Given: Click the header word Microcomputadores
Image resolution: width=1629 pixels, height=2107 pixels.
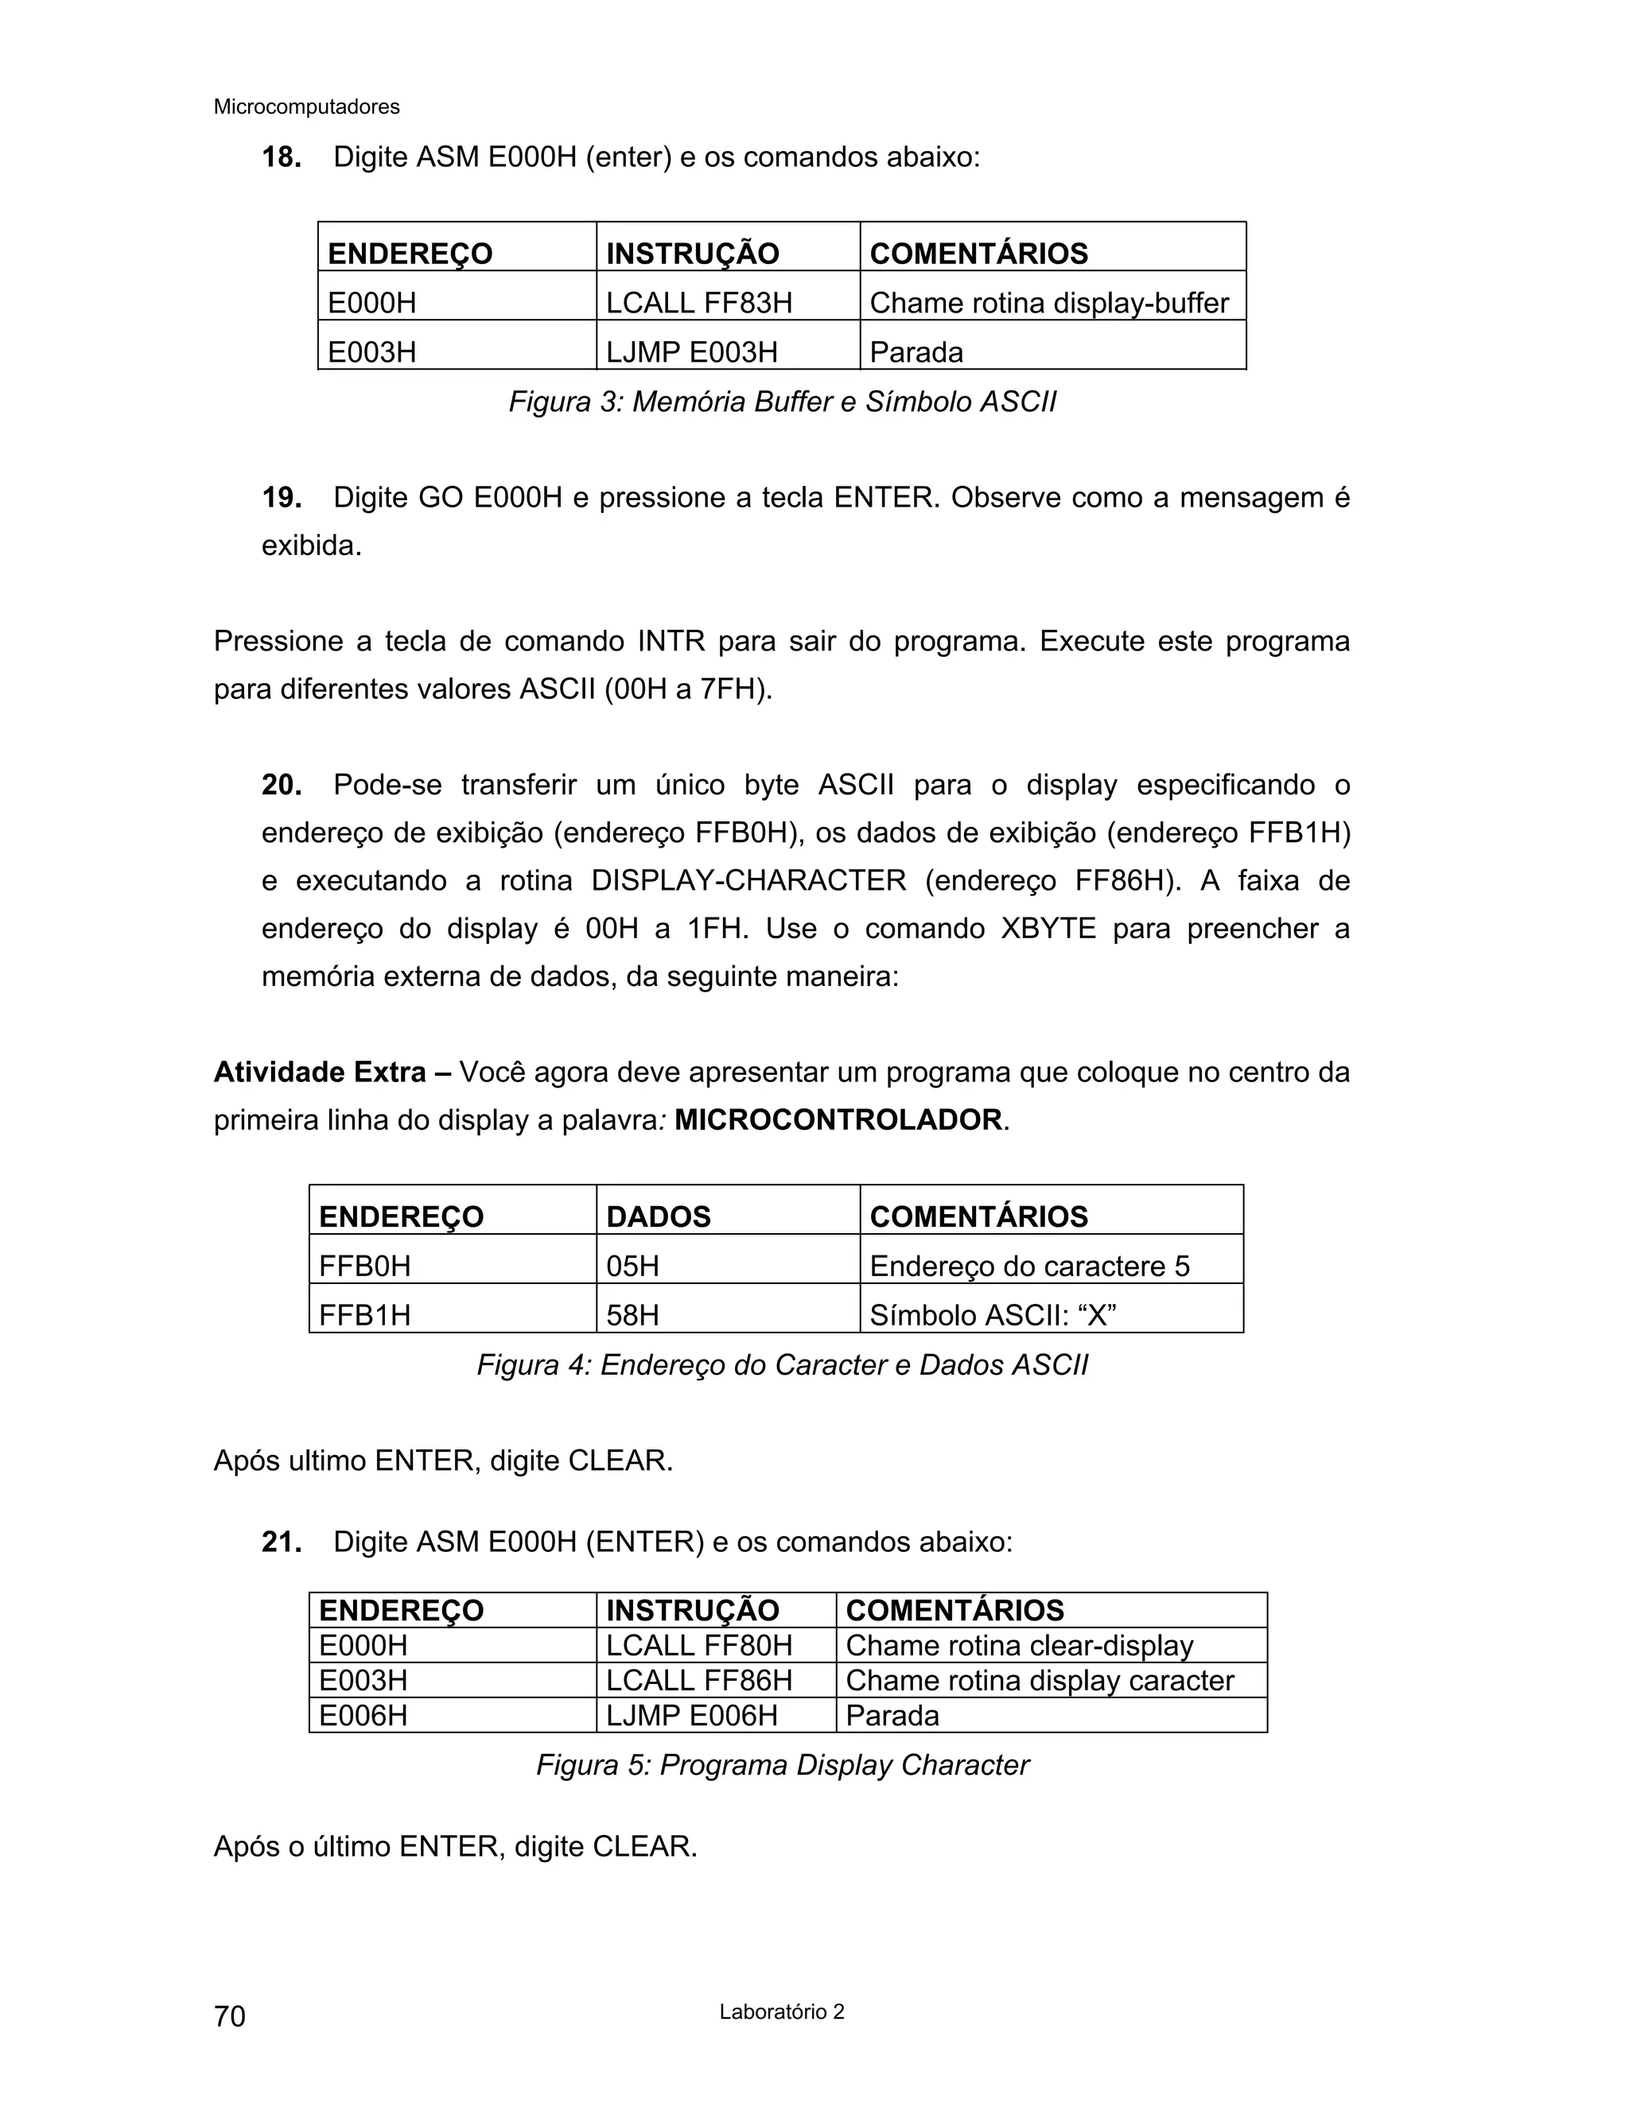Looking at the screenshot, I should click(306, 107).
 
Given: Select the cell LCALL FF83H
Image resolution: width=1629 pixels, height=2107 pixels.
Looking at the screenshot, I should click(698, 303).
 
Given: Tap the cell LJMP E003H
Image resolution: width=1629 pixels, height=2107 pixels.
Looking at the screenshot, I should click(691, 352).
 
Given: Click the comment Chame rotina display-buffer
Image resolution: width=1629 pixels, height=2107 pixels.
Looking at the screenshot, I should click(1049, 303).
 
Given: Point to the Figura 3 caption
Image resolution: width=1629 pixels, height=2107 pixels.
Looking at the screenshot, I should click(782, 402).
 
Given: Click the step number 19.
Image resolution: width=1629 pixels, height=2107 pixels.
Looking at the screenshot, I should click(281, 498).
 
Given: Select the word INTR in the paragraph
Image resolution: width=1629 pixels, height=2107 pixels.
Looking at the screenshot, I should click(671, 642).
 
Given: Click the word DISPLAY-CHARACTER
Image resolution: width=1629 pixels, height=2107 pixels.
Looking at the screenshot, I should click(748, 881).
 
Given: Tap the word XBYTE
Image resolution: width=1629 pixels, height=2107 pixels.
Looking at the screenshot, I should click(1048, 928).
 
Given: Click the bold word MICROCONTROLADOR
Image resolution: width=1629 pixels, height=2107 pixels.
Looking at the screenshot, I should click(838, 1120).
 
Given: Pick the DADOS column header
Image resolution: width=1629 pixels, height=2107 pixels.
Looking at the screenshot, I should click(658, 1216).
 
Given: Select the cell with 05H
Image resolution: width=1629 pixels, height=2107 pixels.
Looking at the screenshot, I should click(633, 1266).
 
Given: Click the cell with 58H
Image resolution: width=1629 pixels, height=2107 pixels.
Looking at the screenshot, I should click(633, 1315).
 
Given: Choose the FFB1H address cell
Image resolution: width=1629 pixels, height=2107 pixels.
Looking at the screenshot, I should click(365, 1315).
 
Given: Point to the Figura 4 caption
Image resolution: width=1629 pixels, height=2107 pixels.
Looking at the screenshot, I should click(782, 1365).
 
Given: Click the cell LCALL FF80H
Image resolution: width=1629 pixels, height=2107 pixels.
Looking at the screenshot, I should click(698, 1645).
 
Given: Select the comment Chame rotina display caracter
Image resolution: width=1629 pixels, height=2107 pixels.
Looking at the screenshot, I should click(1040, 1681).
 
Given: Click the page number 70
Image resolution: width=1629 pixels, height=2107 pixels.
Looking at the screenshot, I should click(230, 2016).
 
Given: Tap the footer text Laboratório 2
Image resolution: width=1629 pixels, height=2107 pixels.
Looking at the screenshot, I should click(782, 2012).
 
